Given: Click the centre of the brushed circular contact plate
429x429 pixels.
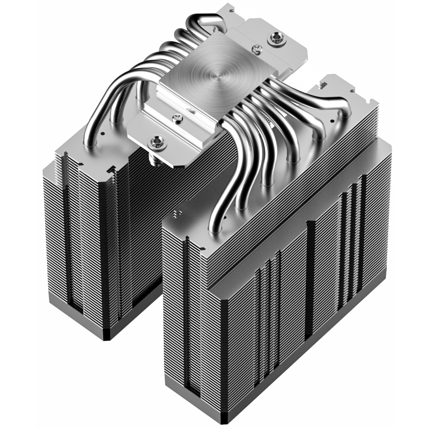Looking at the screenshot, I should (219, 74).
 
